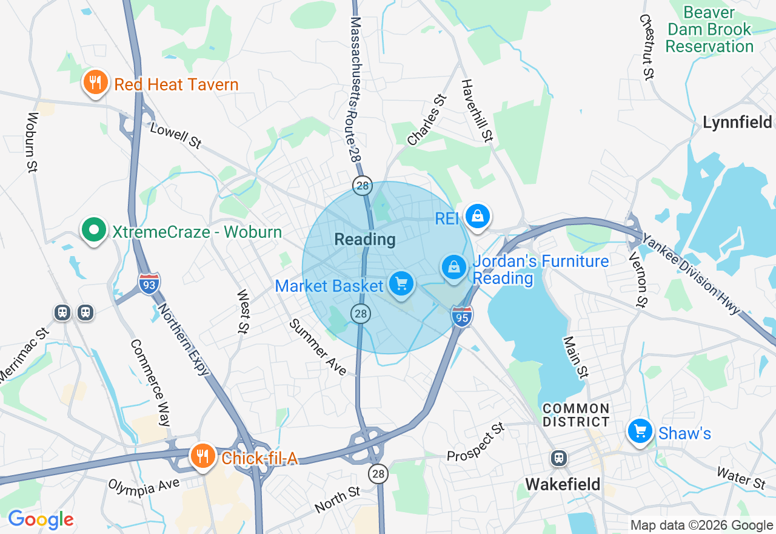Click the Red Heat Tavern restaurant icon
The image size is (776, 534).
click(x=95, y=83)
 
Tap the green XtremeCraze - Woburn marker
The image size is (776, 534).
click(x=93, y=231)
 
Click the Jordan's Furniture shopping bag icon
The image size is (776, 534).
click(x=453, y=267)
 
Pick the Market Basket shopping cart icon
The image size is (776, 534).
click(x=401, y=284)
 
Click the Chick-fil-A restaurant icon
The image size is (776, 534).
click(x=202, y=456)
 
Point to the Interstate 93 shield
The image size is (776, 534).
click(x=149, y=283)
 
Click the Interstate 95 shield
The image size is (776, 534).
click(x=462, y=316)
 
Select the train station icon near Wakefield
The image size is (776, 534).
click(x=558, y=458)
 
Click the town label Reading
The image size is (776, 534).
click(x=365, y=240)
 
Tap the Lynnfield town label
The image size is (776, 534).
click(x=737, y=122)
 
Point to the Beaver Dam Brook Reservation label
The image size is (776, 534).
click(x=709, y=29)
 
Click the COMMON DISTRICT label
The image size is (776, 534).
click(x=576, y=415)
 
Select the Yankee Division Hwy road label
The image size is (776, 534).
click(x=691, y=273)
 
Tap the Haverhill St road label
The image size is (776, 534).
click(x=477, y=110)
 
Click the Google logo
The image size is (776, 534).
click(x=41, y=519)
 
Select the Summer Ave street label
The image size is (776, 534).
click(x=318, y=347)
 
